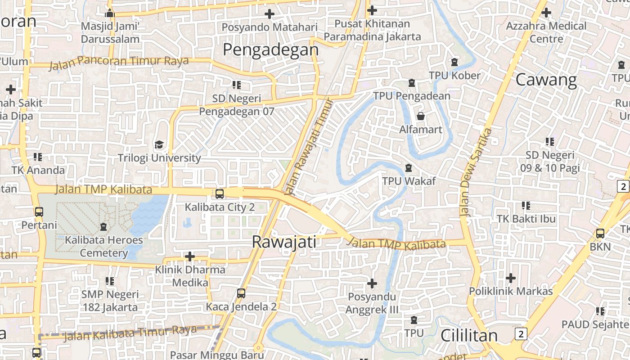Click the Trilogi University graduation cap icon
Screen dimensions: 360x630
(159, 145)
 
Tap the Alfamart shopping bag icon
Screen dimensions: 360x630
(421, 117)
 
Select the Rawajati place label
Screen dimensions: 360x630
(284, 242)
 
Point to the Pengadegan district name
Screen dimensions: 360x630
(270, 49)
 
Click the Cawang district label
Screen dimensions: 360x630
(546, 80)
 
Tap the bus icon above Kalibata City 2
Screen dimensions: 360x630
(219, 194)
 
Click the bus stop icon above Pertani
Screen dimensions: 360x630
(39, 211)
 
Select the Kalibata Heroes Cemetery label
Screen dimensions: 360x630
(104, 246)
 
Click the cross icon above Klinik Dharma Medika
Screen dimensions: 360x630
(190, 256)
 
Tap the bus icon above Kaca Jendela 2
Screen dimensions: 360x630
(241, 293)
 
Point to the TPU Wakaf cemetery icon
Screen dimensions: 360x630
(409, 168)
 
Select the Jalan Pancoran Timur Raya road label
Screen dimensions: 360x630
(118, 62)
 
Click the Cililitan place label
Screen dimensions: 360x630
(469, 335)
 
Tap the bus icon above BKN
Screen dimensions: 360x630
(600, 234)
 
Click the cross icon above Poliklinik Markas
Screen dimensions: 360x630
(511, 278)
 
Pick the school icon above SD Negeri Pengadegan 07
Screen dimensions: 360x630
(236, 85)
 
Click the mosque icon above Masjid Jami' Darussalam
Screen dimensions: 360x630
(110, 13)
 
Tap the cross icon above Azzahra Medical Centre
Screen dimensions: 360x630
(546, 13)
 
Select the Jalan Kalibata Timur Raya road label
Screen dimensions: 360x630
(130, 333)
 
